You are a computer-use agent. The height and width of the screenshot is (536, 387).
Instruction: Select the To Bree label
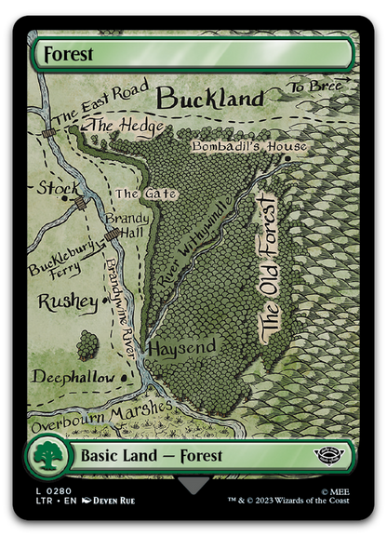(x=315, y=87)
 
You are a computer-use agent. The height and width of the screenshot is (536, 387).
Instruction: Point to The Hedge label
(x=127, y=127)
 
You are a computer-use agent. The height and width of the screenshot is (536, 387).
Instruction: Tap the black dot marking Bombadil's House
(x=288, y=158)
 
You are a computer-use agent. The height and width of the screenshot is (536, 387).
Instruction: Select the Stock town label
(x=58, y=189)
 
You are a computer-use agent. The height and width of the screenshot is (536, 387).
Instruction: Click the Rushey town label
(x=67, y=302)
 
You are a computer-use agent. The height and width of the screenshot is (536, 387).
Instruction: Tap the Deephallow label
(x=73, y=378)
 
